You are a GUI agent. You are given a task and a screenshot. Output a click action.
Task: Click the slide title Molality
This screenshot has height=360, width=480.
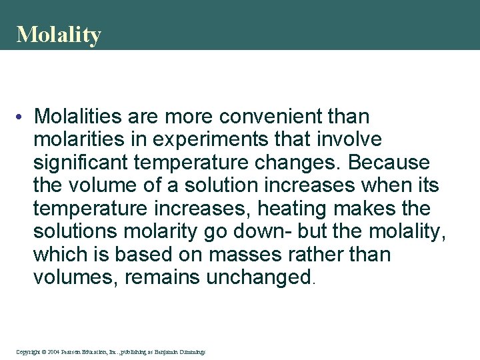pyautogui.click(x=59, y=35)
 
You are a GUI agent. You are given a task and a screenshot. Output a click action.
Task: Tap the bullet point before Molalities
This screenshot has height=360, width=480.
pyautogui.click(x=23, y=117)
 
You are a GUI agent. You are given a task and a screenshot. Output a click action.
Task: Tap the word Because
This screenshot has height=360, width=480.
pyautogui.click(x=389, y=163)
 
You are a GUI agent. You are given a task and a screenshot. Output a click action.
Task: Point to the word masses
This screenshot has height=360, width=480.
pyautogui.click(x=218, y=255)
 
